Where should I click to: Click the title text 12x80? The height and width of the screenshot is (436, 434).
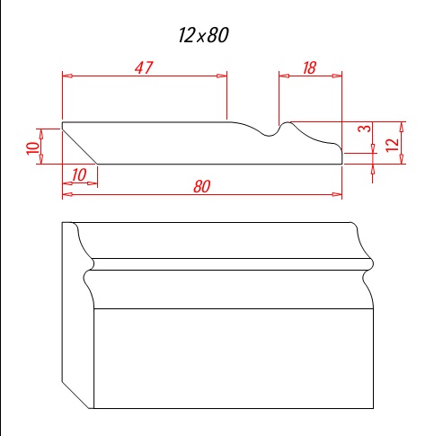[203, 35]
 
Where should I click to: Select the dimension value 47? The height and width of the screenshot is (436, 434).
[144, 67]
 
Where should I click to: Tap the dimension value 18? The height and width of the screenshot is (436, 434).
[309, 68]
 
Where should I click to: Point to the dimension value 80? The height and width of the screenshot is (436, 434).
[202, 186]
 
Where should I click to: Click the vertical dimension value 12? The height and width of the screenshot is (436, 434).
[393, 145]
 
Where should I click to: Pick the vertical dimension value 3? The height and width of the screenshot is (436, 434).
[365, 129]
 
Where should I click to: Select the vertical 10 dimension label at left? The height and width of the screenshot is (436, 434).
[33, 148]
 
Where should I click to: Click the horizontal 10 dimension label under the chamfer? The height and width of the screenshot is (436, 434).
[79, 174]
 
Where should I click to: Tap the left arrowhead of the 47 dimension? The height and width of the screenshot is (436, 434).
[67, 76]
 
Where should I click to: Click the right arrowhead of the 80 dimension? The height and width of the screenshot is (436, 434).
[337, 194]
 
